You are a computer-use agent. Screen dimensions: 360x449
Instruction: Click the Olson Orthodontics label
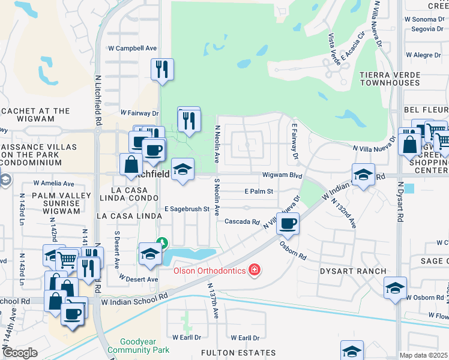coord(209,271)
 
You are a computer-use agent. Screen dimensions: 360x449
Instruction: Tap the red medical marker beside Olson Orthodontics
coord(255,271)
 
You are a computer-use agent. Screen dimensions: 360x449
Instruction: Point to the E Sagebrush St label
coord(186,209)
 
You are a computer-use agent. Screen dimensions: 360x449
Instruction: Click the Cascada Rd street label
coord(241,221)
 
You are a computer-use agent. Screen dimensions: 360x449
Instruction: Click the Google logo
coord(20,353)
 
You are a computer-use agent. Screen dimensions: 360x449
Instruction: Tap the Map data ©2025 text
coord(424,355)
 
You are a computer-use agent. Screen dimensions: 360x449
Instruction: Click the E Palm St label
coord(259,191)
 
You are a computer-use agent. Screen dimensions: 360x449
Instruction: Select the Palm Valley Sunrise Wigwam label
coord(40,203)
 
